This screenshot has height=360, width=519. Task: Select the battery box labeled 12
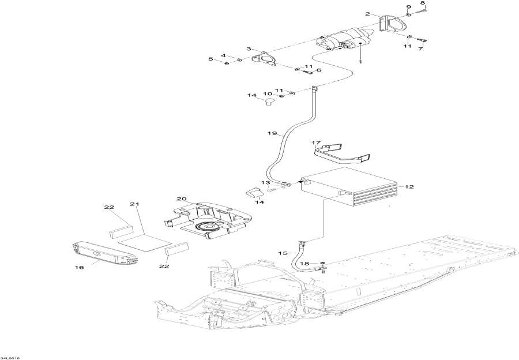pos(349,186)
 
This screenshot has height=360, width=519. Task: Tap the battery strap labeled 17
pos(341,153)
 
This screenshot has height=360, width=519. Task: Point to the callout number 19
pos(272,133)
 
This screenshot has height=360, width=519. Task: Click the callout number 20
pos(182,199)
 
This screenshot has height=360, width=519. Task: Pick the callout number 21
pos(135,204)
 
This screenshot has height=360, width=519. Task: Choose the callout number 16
pos(79,267)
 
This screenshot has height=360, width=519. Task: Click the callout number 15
pos(283,253)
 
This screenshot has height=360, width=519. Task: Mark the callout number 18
pos(304,264)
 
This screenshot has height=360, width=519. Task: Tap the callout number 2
pos(367,14)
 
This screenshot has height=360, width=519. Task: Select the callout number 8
pos(422,3)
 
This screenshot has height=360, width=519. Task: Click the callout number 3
pos(249,49)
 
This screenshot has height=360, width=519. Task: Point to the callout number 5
pos(210,59)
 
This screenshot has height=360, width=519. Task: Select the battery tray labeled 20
pos(209,220)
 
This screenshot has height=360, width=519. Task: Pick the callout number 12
pos(409,187)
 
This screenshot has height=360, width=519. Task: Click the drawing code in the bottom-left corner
pos(10,358)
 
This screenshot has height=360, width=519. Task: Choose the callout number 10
pos(268,94)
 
